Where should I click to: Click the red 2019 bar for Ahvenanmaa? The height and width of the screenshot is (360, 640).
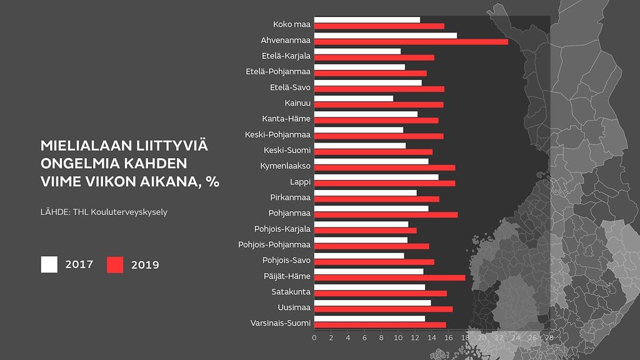click(411, 42)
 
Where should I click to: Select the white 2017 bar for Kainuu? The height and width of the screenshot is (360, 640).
click(353, 98)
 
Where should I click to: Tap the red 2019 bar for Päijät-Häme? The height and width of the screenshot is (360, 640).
click(389, 277)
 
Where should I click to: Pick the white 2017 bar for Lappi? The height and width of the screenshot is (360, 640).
click(376, 177)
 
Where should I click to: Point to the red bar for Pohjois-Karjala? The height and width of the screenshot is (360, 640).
click(365, 231)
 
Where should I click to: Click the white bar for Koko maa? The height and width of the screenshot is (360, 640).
click(367, 20)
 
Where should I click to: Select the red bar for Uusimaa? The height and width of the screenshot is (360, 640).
click(383, 309)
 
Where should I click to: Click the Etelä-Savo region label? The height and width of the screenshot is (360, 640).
click(290, 87)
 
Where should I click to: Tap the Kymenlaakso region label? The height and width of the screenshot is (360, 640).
click(285, 166)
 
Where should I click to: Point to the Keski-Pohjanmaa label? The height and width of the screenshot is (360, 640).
click(277, 134)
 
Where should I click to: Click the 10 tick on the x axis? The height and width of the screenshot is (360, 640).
click(397, 337)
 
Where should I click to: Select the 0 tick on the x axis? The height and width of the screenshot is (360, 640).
click(314, 337)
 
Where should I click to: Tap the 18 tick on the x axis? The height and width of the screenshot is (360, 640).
click(465, 337)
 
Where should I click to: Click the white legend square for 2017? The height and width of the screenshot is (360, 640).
click(49, 264)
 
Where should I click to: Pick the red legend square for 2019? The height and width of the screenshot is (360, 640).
click(115, 264)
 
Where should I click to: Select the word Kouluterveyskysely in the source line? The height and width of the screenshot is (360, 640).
click(131, 212)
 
